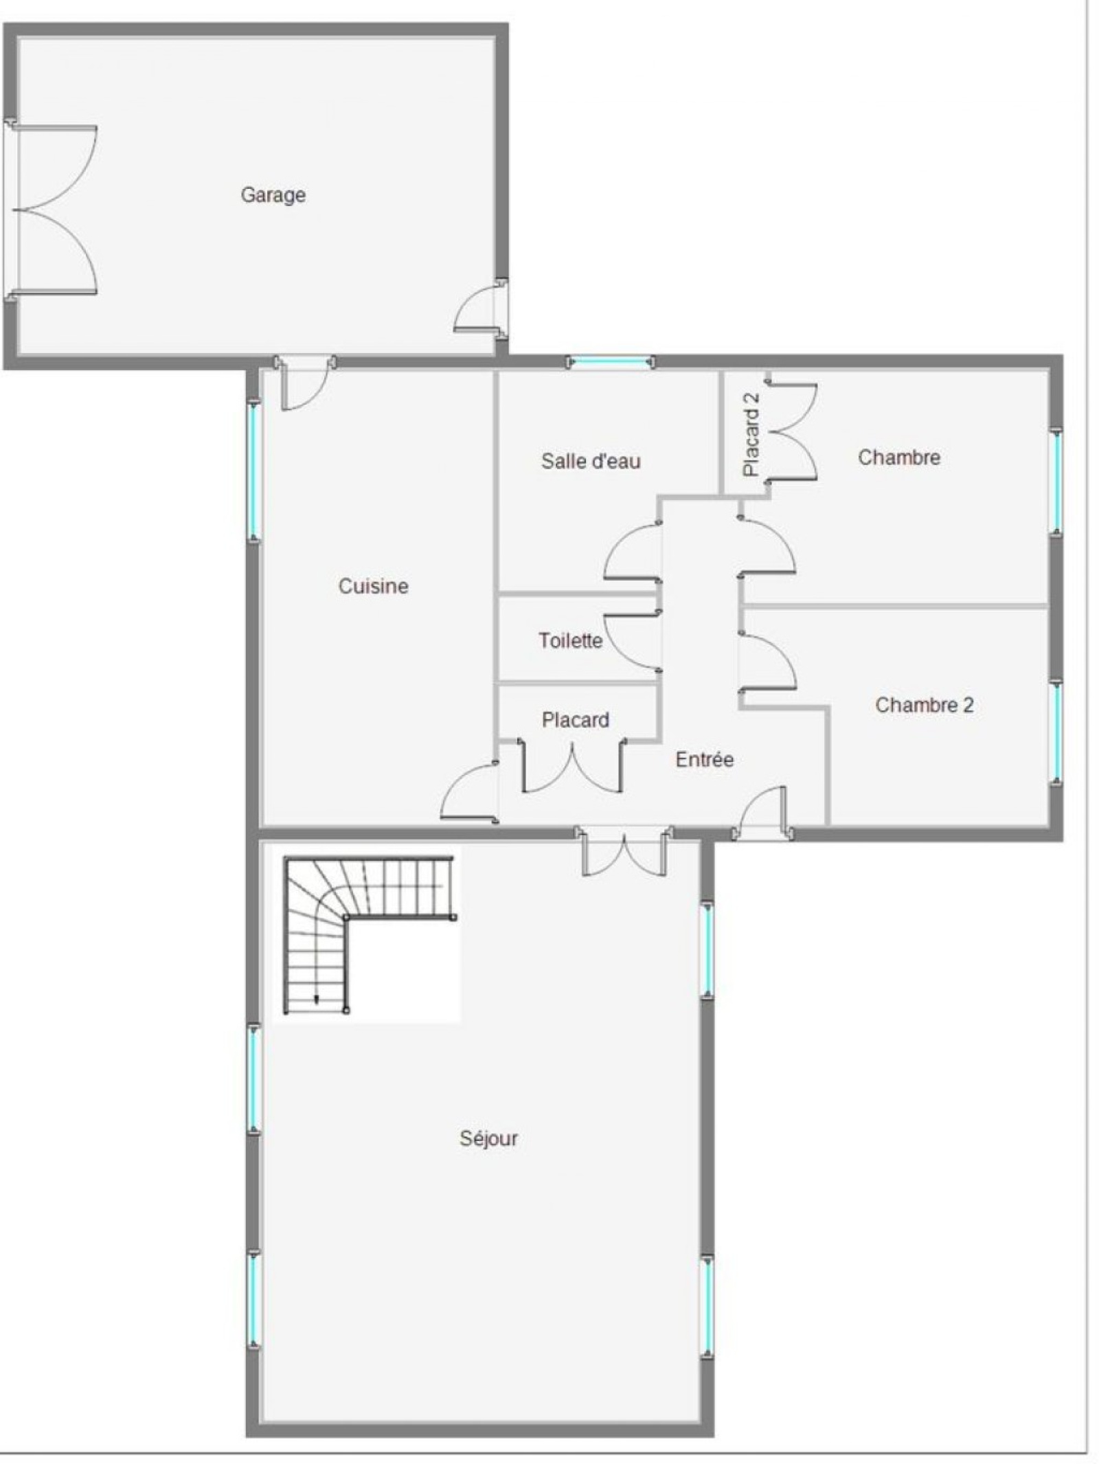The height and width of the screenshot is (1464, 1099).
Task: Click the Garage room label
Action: click(273, 195)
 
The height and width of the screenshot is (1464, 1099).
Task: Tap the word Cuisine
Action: click(373, 586)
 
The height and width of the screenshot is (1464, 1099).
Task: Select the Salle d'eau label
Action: click(591, 460)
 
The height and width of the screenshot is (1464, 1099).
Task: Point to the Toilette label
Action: click(570, 640)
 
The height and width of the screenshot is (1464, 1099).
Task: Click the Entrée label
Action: click(704, 759)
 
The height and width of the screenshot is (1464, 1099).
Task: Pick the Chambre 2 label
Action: click(924, 705)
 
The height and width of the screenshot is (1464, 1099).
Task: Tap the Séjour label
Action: click(488, 1138)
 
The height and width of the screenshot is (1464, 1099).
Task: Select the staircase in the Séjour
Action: click(370, 934)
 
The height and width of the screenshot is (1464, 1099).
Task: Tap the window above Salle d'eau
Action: click(609, 361)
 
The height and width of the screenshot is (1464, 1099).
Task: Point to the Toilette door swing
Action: click(631, 640)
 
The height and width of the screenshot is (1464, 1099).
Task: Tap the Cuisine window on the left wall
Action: click(253, 471)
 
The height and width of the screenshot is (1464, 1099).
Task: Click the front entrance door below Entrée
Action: click(762, 812)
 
